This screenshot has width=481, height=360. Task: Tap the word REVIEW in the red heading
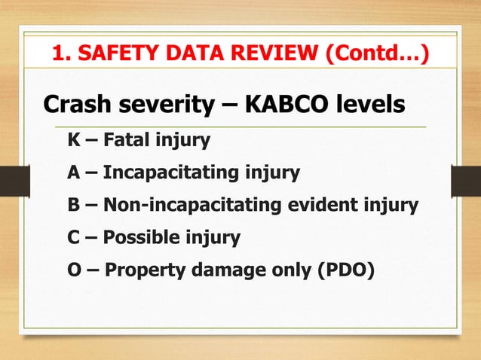pyautogui.click(x=282, y=53)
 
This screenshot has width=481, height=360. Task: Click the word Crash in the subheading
pyautogui.click(x=74, y=104)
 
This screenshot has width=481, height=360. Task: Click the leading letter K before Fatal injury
pyautogui.click(x=74, y=140)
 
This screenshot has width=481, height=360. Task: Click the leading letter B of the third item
pyautogui.click(x=74, y=206)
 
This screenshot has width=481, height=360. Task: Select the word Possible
pyautogui.click(x=140, y=239)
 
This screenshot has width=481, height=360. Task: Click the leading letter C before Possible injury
pyautogui.click(x=74, y=239)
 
